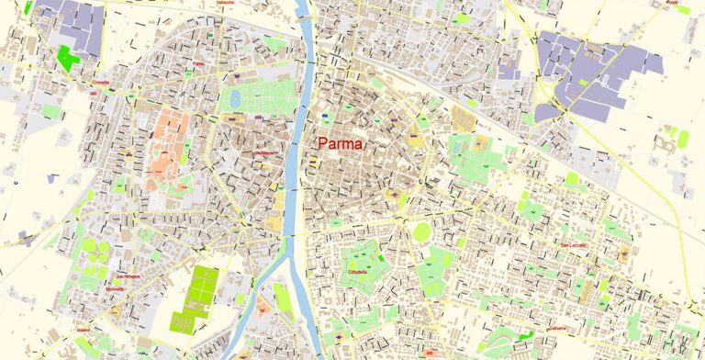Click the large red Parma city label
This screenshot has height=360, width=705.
tap(341, 144)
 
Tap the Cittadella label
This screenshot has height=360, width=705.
tap(357, 272)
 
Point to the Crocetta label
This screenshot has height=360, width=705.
tap(100, 82)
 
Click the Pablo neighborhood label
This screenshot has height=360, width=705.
tap(198, 63)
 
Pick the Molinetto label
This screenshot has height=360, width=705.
tap(115, 288)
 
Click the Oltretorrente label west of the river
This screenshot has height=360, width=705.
tap(263, 152)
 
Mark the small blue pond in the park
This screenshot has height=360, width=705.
tap(235, 96)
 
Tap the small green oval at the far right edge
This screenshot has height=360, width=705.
tap(683, 138)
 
